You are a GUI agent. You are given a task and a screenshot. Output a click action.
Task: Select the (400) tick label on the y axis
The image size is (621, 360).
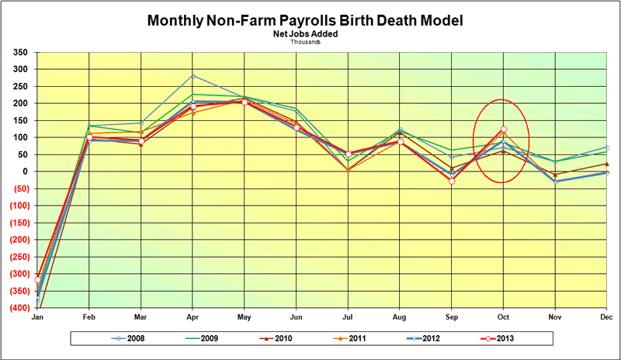[x=18, y=308]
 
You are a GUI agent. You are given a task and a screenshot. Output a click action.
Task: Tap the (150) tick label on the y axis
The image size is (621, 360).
[x=18, y=223]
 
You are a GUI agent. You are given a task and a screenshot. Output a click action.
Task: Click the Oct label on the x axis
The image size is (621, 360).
[x=504, y=317]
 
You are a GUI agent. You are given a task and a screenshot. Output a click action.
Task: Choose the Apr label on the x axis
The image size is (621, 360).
[x=193, y=317]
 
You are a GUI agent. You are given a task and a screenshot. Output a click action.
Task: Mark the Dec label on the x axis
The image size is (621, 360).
[x=607, y=317]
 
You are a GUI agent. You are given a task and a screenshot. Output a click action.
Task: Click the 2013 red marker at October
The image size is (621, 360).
[x=504, y=130]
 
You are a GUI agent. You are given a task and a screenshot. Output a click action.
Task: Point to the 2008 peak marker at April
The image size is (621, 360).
[x=193, y=76]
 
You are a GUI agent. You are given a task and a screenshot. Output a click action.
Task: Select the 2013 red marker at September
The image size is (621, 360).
[x=452, y=181]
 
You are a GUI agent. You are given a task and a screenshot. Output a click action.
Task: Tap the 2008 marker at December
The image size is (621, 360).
[x=607, y=147]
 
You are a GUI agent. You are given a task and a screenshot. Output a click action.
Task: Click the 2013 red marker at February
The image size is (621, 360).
[x=89, y=137]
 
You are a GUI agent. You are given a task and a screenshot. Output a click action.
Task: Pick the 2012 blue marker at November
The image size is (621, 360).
[x=556, y=182]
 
